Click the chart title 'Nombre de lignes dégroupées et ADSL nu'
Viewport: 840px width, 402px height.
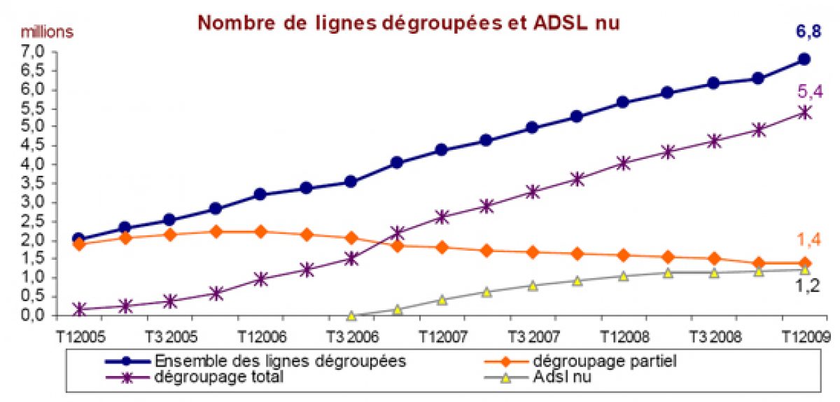[x=409, y=23]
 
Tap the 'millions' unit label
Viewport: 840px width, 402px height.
[x=47, y=32]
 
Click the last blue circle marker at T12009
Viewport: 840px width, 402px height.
[x=804, y=60]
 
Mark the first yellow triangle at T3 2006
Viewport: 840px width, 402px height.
[x=351, y=316]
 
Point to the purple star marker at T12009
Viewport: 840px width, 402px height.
[x=804, y=112]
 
